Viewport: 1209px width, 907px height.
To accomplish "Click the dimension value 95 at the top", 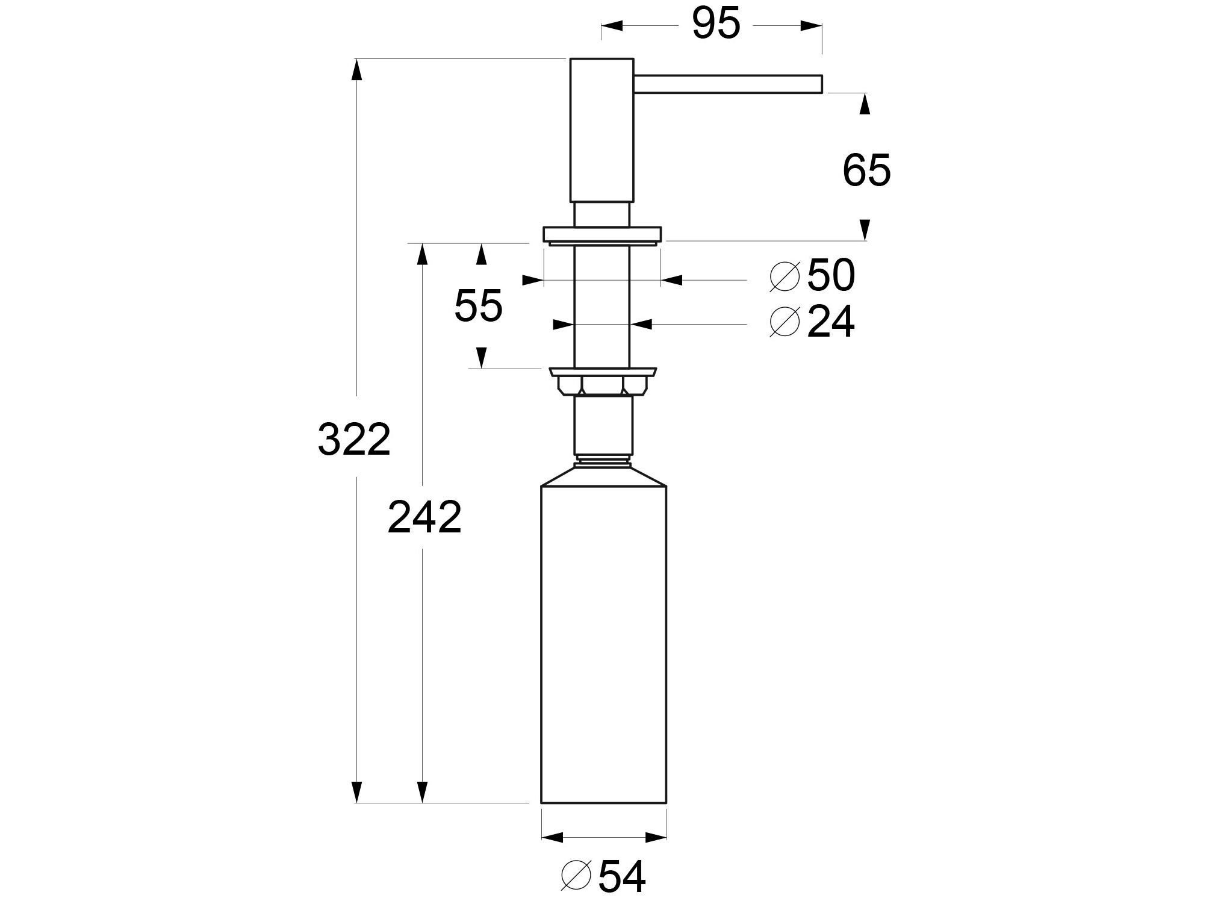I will (715, 25).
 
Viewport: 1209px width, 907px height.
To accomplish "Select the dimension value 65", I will (866, 171).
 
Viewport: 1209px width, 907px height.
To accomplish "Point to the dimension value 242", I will (424, 517).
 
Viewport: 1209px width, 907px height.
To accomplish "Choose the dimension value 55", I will (478, 306).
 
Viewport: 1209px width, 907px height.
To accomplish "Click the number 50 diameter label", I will (830, 276).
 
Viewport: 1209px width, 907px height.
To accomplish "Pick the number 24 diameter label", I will (830, 322).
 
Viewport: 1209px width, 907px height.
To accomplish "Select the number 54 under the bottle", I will (622, 877).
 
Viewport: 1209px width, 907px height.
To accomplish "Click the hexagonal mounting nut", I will (603, 384).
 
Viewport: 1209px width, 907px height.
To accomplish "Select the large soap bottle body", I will (604, 644).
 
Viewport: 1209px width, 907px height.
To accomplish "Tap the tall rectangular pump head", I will (601, 129).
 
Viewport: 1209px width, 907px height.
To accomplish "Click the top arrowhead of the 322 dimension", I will (357, 70).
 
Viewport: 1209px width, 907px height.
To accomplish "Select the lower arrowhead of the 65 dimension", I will (865, 229).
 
